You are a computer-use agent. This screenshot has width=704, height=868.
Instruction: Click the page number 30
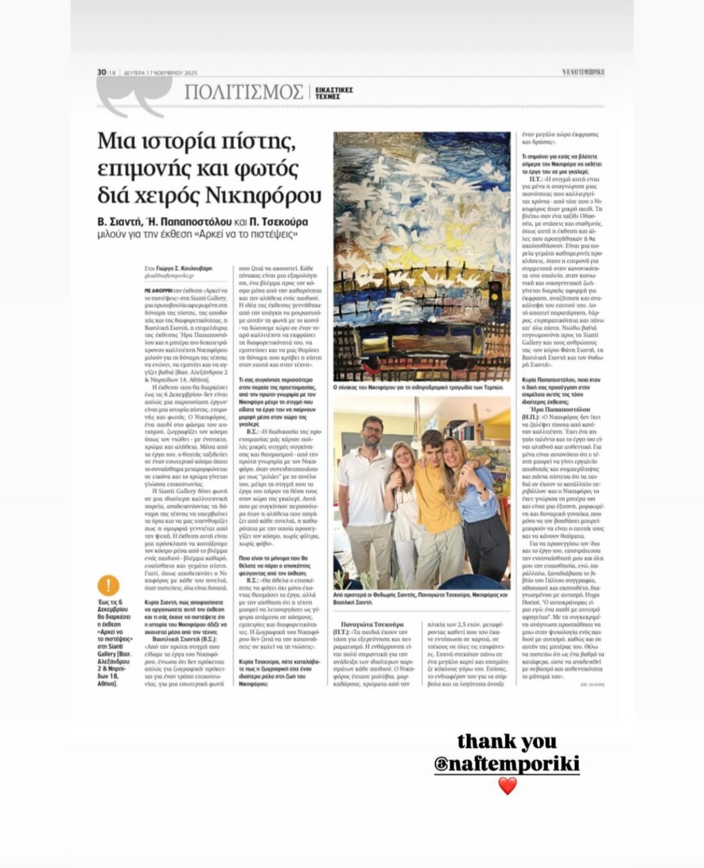[x=102, y=73]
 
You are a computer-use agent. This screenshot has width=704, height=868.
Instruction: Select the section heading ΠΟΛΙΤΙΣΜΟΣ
[x=243, y=92]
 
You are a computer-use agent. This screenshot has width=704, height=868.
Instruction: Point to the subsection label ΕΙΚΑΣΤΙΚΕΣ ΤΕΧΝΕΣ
[x=334, y=93]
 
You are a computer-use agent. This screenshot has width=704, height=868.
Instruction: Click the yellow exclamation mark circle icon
[x=108, y=585]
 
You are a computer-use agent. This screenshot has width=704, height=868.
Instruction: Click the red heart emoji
[x=507, y=786]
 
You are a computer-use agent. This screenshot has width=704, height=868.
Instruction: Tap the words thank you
[x=507, y=741]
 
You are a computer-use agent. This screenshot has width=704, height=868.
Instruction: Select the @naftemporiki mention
[x=507, y=764]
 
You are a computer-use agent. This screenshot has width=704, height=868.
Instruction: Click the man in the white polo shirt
[x=367, y=495]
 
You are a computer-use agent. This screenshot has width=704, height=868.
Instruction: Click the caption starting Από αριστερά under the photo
[x=421, y=597]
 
